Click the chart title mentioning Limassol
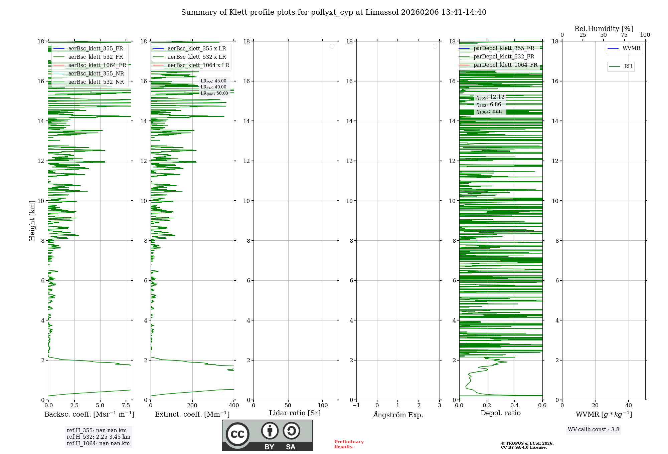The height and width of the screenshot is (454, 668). (x=334, y=12)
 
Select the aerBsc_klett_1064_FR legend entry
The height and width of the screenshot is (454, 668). (x=97, y=65)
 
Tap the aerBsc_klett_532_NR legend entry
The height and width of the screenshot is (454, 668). (x=96, y=82)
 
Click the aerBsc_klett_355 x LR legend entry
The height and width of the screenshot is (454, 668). (x=196, y=49)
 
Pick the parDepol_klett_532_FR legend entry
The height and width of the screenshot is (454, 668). (x=504, y=57)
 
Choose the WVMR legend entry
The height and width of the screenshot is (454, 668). (x=631, y=49)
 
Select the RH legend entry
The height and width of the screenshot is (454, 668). (x=628, y=66)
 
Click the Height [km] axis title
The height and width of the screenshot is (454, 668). (x=32, y=221)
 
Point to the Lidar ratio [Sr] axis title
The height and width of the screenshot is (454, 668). (x=295, y=413)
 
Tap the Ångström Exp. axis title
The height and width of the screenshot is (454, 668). (x=398, y=415)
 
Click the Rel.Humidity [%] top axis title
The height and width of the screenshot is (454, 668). (x=604, y=29)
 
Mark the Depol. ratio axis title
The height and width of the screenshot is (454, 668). (x=500, y=413)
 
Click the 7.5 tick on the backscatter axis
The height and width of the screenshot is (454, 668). (x=126, y=406)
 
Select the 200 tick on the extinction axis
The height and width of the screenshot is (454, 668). (x=192, y=406)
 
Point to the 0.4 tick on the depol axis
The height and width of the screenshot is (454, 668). (x=515, y=406)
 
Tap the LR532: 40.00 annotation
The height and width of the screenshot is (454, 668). (x=213, y=87)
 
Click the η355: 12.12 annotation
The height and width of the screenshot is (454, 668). (x=490, y=97)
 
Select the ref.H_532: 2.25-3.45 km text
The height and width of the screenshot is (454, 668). (x=99, y=437)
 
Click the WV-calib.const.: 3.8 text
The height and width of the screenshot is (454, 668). (x=594, y=430)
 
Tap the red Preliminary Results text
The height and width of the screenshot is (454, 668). (x=349, y=444)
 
